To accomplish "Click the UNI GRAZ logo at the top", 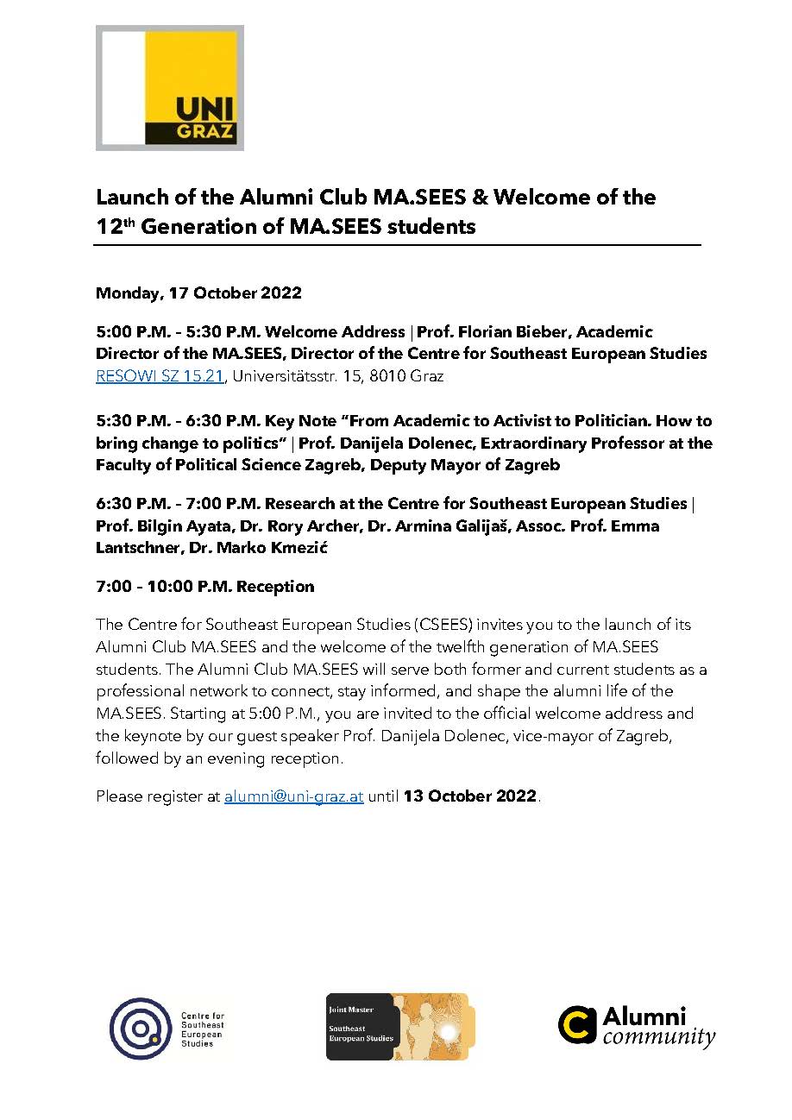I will (x=170, y=87).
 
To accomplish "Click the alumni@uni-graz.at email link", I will (x=293, y=796).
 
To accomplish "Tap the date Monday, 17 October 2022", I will (x=198, y=293).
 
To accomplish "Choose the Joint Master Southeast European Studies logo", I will (x=397, y=1027).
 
